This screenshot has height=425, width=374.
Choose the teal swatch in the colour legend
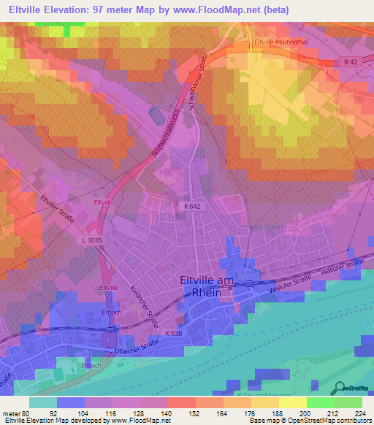(43, 402)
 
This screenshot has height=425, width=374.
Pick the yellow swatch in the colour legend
(292, 402)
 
